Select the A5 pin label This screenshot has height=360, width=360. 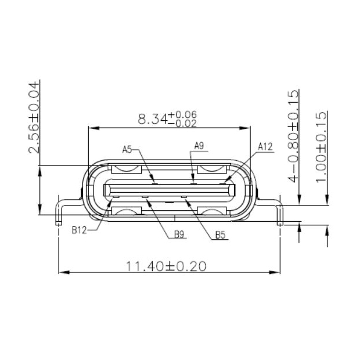(x=128, y=149)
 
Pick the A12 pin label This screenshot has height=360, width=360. (x=265, y=147)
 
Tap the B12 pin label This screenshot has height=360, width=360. (x=80, y=230)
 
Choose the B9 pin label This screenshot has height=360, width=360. (x=180, y=235)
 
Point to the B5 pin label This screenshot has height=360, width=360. (x=220, y=235)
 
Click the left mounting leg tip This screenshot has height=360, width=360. (x=58, y=221)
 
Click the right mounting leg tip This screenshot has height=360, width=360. (x=280, y=221)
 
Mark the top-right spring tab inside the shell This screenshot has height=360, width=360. (x=213, y=170)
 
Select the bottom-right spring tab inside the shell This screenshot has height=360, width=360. (x=213, y=211)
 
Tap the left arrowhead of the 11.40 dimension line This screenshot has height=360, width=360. (x=63, y=272)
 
